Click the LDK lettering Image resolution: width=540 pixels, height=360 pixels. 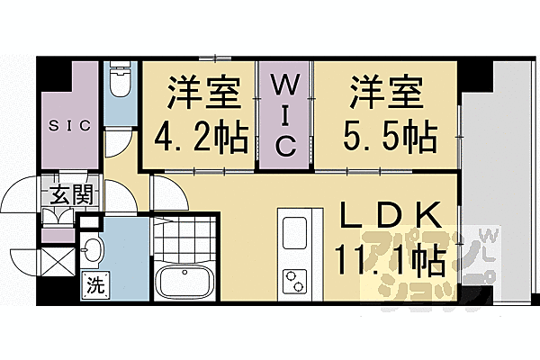(390, 217)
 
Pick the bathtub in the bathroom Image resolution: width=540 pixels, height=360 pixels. (185, 283)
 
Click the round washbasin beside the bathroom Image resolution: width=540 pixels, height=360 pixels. (93, 247)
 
